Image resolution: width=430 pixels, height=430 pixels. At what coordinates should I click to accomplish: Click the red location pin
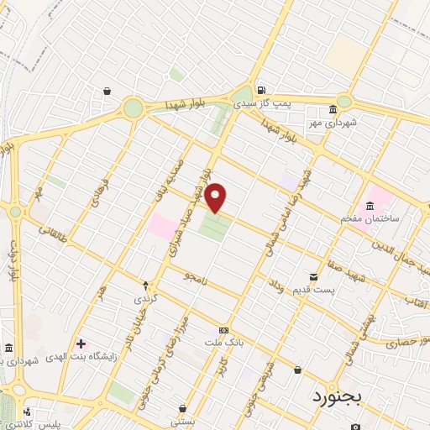pyautogui.click(x=217, y=197)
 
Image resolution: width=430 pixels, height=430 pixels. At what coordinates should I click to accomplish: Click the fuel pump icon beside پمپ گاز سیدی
pyautogui.click(x=262, y=90)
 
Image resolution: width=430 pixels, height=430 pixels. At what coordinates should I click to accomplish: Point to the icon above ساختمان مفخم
pyautogui.click(x=370, y=207)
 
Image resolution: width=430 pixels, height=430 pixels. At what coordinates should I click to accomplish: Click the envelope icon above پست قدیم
pyautogui.click(x=314, y=276)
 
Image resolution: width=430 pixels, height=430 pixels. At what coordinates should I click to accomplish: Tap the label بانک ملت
pyautogui.click(x=223, y=343)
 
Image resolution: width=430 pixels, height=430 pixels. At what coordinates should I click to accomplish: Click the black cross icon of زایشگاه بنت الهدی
pyautogui.click(x=81, y=344)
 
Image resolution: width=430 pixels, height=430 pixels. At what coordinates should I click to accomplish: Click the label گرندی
pyautogui.click(x=145, y=298)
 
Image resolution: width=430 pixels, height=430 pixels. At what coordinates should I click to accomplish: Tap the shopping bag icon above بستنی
pyautogui.click(x=182, y=408)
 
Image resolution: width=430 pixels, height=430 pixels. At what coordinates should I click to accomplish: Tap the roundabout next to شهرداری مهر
pyautogui.click(x=344, y=102)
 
